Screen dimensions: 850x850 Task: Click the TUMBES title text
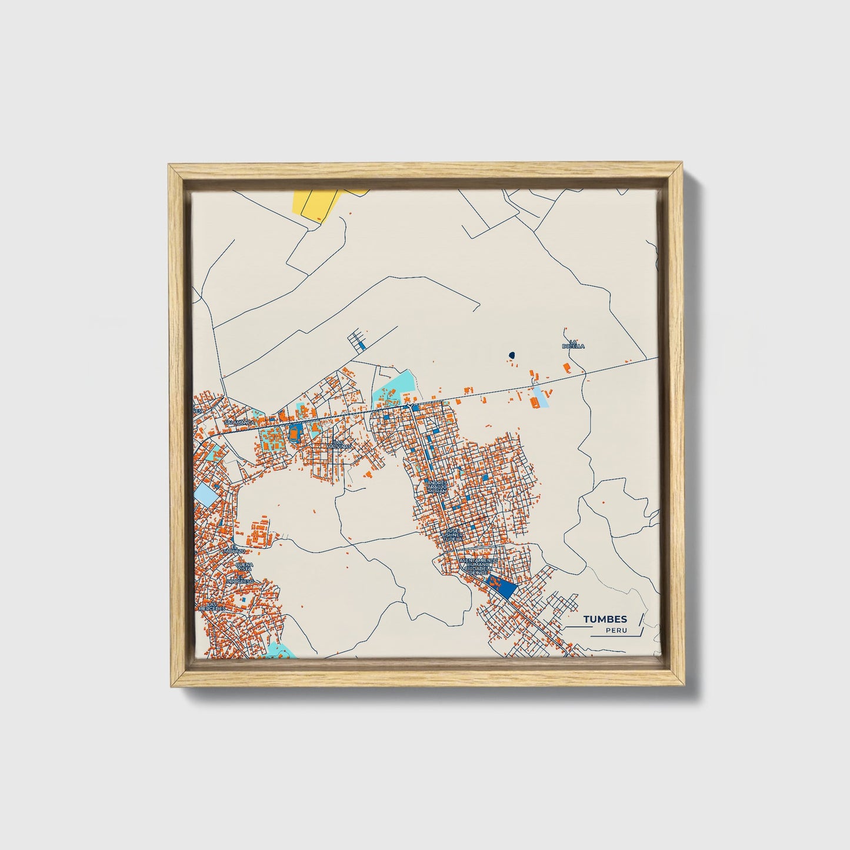(x=605, y=619)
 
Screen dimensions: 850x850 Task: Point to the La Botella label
(x=573, y=344)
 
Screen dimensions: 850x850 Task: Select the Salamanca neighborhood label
(x=239, y=422)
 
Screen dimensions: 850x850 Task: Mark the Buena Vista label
(x=244, y=567)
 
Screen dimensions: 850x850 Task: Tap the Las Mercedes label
(x=212, y=606)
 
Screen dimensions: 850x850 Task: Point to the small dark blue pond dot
(x=512, y=355)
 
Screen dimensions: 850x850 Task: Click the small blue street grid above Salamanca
(x=357, y=341)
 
